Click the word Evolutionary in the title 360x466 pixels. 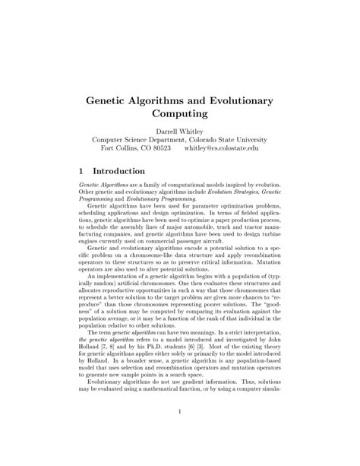click(238, 100)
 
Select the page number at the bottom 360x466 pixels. click(180, 413)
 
